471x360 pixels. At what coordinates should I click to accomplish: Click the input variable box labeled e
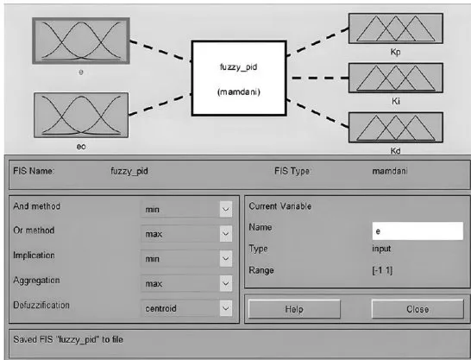click(x=81, y=41)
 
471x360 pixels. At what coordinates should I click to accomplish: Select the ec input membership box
click(x=81, y=116)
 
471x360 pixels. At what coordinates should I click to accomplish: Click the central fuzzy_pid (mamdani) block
click(x=239, y=79)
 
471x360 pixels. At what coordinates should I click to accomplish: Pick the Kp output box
click(x=396, y=28)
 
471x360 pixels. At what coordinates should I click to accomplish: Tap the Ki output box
click(x=396, y=78)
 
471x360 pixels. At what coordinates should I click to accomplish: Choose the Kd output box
click(x=396, y=128)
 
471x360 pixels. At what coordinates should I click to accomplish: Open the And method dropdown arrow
click(x=226, y=209)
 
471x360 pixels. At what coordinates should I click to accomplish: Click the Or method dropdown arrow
click(x=226, y=234)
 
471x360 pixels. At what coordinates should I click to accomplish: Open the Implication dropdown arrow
click(x=226, y=259)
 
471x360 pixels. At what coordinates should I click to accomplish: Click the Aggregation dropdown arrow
click(x=226, y=283)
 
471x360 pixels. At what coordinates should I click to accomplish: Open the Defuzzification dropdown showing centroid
click(x=186, y=308)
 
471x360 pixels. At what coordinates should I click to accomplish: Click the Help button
click(x=294, y=309)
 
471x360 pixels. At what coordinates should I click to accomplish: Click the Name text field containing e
click(x=418, y=231)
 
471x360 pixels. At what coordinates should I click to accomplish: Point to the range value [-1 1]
click(x=382, y=270)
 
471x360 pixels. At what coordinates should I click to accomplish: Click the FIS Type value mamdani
click(x=390, y=171)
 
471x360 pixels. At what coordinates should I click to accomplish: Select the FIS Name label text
click(x=34, y=171)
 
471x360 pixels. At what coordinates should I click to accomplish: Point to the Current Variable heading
click(x=280, y=206)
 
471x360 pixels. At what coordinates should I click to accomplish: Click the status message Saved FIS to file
click(x=68, y=339)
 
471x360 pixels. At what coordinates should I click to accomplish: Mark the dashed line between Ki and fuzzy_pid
click(x=320, y=79)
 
